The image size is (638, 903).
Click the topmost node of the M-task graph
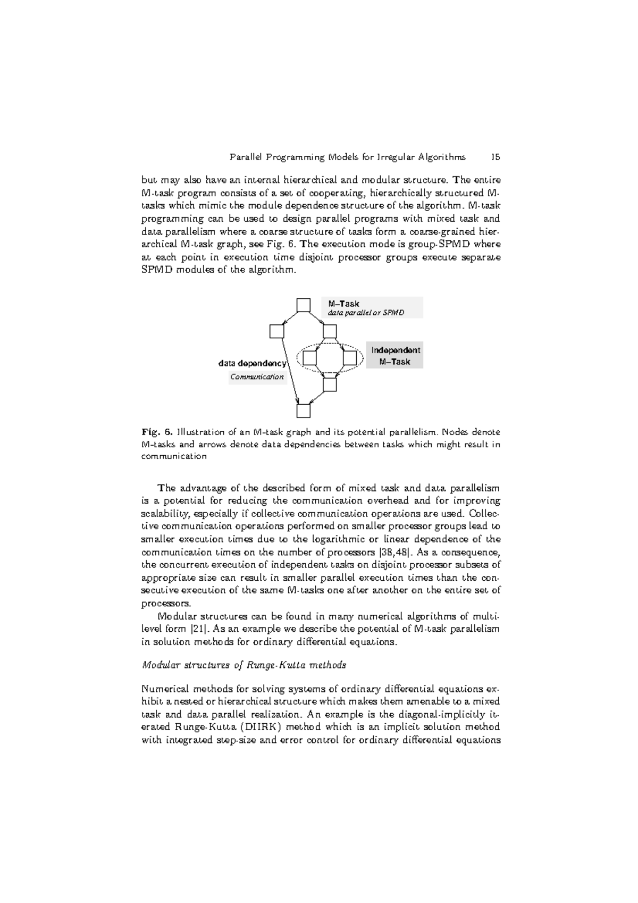pyautogui.click(x=303, y=305)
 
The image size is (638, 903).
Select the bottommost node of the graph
pyautogui.click(x=303, y=411)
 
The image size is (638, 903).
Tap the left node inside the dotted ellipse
pyautogui.click(x=309, y=357)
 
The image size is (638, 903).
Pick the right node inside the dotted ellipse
pyautogui.click(x=349, y=357)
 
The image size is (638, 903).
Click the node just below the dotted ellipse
pyautogui.click(x=330, y=384)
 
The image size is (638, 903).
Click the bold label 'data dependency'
pyautogui.click(x=252, y=364)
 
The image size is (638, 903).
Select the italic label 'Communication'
pyautogui.click(x=257, y=377)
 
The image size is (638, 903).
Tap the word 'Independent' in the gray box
pyautogui.click(x=395, y=350)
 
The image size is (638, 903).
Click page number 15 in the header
pyautogui.click(x=495, y=157)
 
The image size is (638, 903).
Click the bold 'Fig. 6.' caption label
pyautogui.click(x=157, y=432)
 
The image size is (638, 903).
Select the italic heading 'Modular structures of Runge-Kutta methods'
pyautogui.click(x=244, y=665)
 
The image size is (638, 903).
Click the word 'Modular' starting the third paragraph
pyautogui.click(x=176, y=616)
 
